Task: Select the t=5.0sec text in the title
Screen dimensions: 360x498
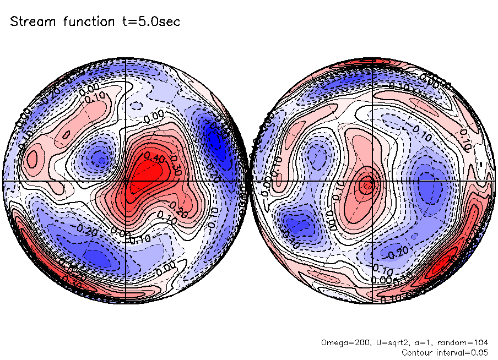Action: click(x=153, y=21)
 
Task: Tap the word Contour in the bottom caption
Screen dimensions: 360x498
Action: click(x=418, y=352)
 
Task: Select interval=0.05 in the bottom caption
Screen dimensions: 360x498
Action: click(x=462, y=352)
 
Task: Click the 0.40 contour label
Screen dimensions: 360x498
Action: click(x=153, y=158)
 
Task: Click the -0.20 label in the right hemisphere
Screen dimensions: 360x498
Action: click(x=398, y=254)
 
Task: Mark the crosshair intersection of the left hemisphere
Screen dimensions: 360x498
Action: click(x=126, y=181)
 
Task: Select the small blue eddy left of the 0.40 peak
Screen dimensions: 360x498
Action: click(x=99, y=158)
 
